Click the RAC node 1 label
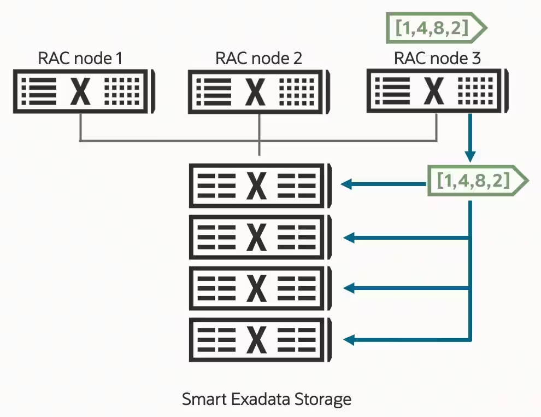[80, 58]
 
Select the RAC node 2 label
[258, 58]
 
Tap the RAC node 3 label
[437, 58]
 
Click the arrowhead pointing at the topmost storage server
[346, 185]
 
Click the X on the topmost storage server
[256, 185]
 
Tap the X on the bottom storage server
[256, 339]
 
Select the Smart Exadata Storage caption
[266, 399]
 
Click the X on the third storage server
[256, 288]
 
